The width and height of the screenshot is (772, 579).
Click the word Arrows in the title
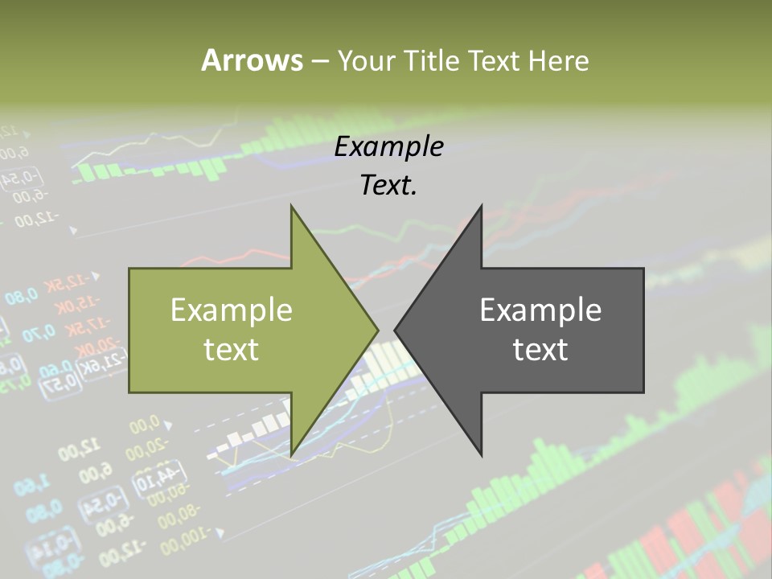tap(252, 60)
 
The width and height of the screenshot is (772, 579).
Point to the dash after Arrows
tap(319, 62)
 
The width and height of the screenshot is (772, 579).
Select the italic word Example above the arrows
tap(388, 147)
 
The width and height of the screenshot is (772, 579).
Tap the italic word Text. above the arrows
tap(388, 185)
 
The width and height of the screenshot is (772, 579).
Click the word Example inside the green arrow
tap(232, 310)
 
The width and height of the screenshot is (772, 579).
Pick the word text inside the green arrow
tap(232, 350)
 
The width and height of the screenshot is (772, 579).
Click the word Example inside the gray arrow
tap(540, 310)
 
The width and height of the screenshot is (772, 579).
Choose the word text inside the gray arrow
tap(540, 350)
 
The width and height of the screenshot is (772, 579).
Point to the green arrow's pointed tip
tap(377, 330)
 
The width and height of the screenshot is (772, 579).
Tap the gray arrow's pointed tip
tap(396, 330)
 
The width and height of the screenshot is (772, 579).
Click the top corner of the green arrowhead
tap(291, 206)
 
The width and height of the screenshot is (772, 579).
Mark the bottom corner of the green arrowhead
tap(291, 456)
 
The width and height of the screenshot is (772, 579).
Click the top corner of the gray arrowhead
tap(481, 206)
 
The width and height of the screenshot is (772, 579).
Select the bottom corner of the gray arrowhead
tap(481, 456)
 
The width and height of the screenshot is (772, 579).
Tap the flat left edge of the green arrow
tap(130, 331)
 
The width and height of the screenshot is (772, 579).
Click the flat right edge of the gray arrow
tap(643, 331)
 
